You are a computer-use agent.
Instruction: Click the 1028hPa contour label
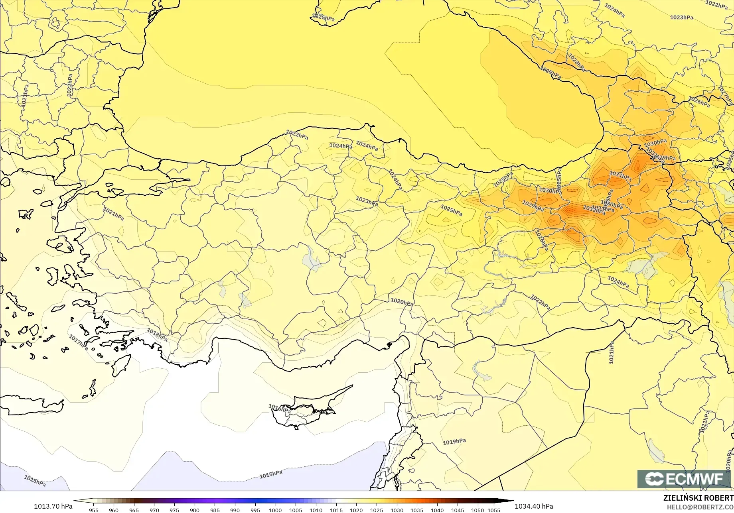pos(576,63)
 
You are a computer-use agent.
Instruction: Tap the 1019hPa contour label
pos(454,442)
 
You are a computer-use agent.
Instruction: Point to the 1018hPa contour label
pos(157,334)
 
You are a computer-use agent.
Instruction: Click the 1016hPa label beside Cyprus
pos(279,409)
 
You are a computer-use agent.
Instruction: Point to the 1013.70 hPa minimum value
pos(53,506)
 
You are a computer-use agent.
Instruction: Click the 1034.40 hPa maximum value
pos(534,506)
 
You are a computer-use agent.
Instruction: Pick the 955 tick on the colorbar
pos(94,510)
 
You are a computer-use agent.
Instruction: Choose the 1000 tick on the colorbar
pos(275,510)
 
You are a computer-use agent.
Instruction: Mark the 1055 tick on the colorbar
pos(494,510)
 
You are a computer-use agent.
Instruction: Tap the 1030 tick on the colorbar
pos(397,510)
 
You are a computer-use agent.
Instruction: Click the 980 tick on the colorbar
pos(195,510)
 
